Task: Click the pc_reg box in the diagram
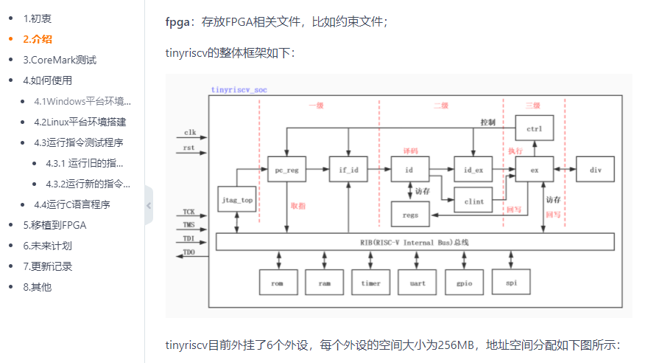286,170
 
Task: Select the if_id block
348,170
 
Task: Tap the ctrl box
535,130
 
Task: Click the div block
596,170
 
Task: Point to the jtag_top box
237,199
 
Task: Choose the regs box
410,215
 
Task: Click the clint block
473,200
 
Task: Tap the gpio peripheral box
465,283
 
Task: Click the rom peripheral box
278,283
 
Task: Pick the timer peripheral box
371,283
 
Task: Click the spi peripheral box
511,283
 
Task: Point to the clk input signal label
190,133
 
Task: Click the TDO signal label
189,253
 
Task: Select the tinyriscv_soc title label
239,89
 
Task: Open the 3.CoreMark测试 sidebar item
60,60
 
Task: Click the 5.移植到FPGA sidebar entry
54,225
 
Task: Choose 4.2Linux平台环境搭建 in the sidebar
80,122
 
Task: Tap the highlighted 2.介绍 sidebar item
38,39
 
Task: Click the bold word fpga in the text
177,21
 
